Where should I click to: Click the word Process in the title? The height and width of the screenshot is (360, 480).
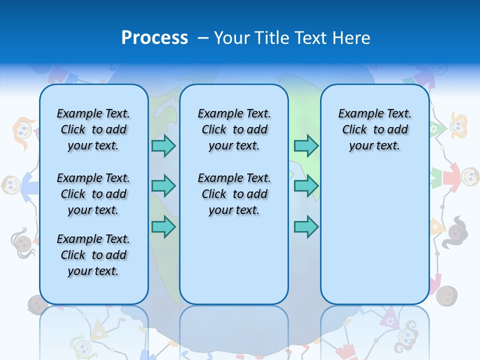[x=154, y=37]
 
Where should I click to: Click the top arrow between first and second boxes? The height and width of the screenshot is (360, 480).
[x=163, y=145]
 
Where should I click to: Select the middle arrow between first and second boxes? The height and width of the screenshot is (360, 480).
[x=163, y=186]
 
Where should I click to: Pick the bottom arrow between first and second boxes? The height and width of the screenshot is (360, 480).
[x=163, y=226]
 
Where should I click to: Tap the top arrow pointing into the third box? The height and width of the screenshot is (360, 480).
[x=306, y=145]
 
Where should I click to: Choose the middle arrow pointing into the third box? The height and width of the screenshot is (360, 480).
[x=306, y=186]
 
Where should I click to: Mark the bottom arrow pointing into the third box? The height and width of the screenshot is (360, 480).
[x=306, y=226]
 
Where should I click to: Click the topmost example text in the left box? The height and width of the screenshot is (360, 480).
[x=93, y=129]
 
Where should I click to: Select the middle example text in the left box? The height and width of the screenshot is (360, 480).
[x=93, y=194]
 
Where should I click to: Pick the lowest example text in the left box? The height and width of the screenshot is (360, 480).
[x=93, y=255]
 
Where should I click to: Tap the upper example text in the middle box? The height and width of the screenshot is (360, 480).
[x=234, y=129]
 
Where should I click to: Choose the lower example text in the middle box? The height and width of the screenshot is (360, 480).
[x=234, y=194]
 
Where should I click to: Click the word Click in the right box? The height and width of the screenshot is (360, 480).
[x=354, y=129]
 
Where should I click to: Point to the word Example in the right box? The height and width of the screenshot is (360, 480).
[x=359, y=113]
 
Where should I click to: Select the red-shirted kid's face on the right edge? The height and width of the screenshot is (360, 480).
[x=469, y=175]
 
